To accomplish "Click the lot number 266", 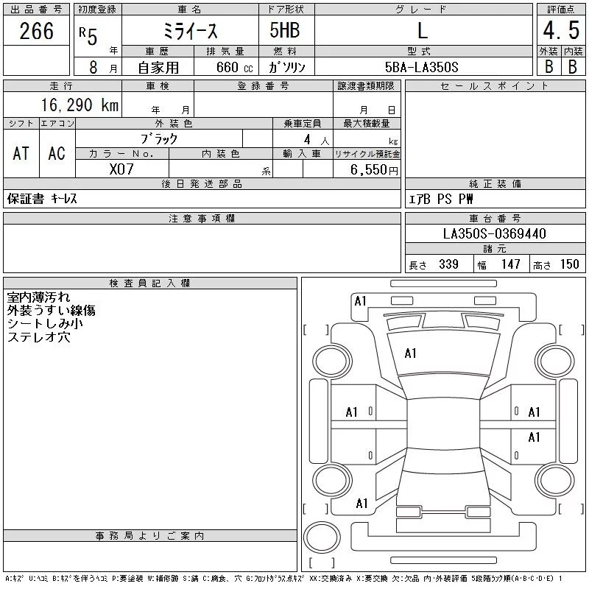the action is [36, 31].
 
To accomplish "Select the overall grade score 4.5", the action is [561, 30].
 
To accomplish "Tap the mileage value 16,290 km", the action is [80, 105].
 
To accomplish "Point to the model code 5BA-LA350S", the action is [421, 67].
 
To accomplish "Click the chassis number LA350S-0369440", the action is [494, 233].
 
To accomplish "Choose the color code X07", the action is [121, 169].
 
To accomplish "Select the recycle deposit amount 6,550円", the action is [374, 170].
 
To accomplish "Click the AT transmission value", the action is [21, 153].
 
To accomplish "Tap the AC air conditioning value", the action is [57, 153].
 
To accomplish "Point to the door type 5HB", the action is [285, 30].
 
